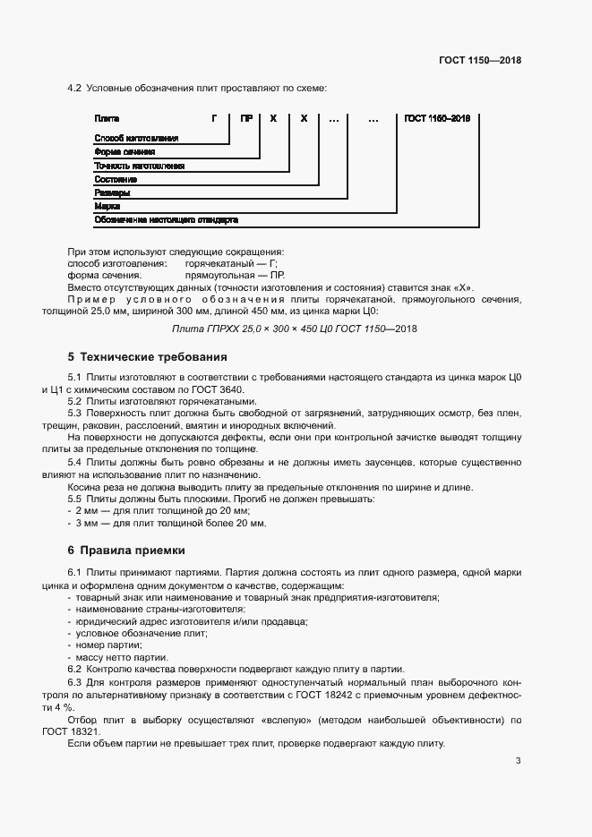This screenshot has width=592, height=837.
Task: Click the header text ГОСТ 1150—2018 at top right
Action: (x=480, y=60)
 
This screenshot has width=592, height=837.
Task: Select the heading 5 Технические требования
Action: (x=148, y=356)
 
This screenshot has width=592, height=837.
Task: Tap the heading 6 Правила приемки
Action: (x=126, y=549)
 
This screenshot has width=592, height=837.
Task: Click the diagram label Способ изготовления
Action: (x=136, y=138)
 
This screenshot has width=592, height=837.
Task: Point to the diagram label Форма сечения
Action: (x=124, y=152)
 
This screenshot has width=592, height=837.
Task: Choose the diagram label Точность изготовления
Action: (x=139, y=166)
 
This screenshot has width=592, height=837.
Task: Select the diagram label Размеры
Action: (x=112, y=192)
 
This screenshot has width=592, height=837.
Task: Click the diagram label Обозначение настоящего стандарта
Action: (x=166, y=219)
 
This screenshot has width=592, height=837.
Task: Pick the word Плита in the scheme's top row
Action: (x=107, y=118)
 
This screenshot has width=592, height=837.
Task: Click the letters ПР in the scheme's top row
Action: (x=245, y=118)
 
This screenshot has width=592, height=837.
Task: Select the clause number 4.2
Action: (x=74, y=88)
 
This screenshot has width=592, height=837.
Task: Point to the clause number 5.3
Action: (x=74, y=414)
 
